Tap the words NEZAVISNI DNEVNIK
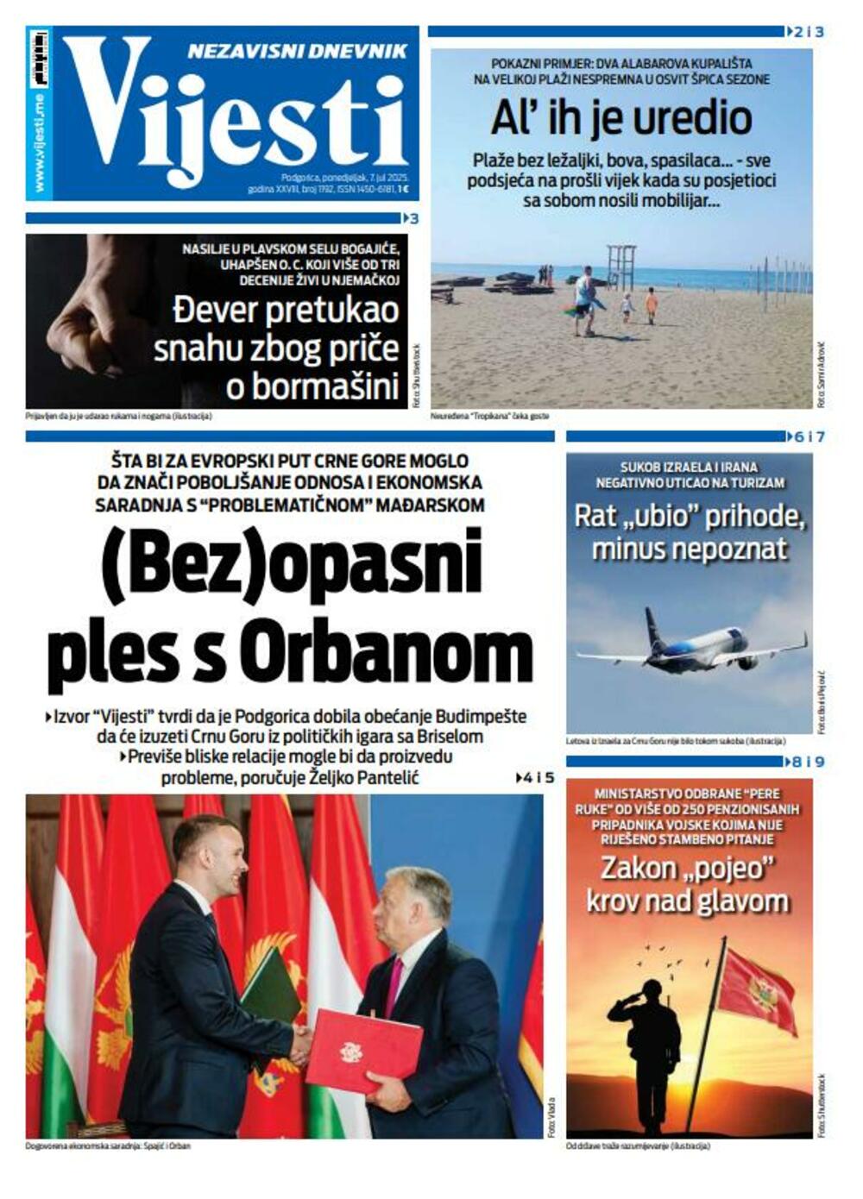[297, 51]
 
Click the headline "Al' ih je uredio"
[621, 117]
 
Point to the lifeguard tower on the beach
[620, 267]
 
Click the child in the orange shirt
[651, 304]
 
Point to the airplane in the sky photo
[690, 643]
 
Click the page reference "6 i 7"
[808, 437]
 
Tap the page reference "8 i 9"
[808, 763]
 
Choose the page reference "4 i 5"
[537, 778]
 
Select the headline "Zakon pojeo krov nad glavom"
[688, 884]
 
